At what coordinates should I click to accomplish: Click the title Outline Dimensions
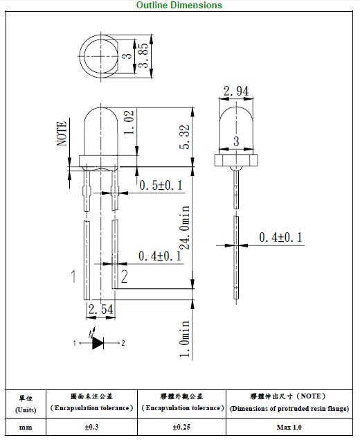[x=179, y=5]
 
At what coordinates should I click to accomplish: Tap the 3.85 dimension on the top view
[x=143, y=55]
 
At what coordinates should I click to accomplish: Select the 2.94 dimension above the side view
[x=236, y=91]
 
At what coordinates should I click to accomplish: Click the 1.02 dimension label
[x=129, y=122]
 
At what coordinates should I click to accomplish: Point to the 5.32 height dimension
[x=184, y=137]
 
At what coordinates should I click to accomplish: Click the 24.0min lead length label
[x=184, y=227]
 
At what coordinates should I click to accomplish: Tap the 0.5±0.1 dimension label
[x=161, y=185]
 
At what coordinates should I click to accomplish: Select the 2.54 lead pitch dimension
[x=101, y=309]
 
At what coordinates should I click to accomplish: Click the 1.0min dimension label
[x=184, y=338]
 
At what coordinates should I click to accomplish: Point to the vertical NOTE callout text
[x=62, y=134]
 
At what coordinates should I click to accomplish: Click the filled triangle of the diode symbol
[x=98, y=343]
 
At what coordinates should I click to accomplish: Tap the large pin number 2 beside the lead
[x=124, y=276]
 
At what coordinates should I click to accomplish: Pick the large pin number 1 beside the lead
[x=73, y=276]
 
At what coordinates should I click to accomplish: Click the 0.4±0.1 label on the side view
[x=280, y=238]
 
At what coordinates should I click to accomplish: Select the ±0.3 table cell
[x=91, y=427]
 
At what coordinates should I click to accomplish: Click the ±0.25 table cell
[x=181, y=427]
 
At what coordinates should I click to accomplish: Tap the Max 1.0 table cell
[x=289, y=427]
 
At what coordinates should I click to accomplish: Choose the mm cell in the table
[x=26, y=427]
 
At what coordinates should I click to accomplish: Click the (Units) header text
[x=26, y=410]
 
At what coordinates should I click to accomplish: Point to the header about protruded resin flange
[x=289, y=403]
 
